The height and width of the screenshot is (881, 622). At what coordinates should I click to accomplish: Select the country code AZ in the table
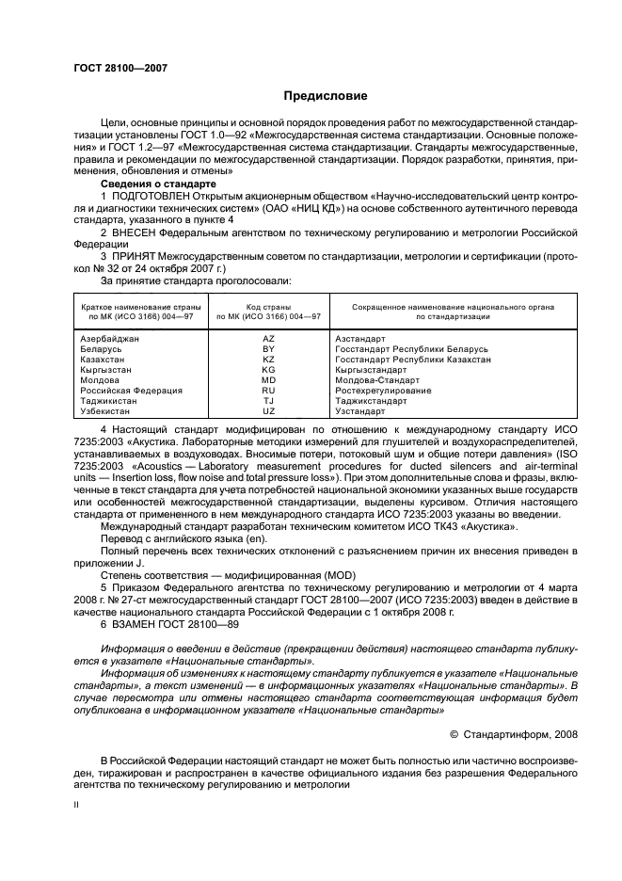(268, 337)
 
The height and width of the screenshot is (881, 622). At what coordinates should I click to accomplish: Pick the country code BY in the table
(268, 348)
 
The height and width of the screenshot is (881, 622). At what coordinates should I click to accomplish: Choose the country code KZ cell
(268, 359)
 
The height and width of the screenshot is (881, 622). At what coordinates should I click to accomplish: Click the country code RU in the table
(268, 390)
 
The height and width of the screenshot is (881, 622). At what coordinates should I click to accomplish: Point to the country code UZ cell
(268, 411)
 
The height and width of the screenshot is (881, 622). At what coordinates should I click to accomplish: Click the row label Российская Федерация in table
(131, 390)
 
